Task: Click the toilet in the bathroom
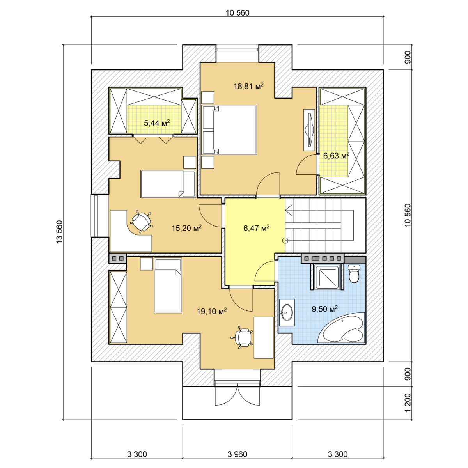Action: click(x=354, y=273)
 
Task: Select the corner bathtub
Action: click(x=342, y=328)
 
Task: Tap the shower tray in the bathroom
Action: click(x=327, y=277)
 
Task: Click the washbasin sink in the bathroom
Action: click(x=287, y=312)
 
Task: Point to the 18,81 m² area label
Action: click(x=248, y=86)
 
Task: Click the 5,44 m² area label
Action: click(x=157, y=123)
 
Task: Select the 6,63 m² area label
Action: click(x=336, y=156)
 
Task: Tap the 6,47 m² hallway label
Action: click(x=256, y=228)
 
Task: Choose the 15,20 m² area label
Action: click(x=186, y=228)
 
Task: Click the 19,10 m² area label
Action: click(x=212, y=311)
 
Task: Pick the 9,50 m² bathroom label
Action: click(x=325, y=309)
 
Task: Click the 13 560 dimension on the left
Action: click(x=60, y=232)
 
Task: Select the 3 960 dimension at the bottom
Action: click(x=237, y=454)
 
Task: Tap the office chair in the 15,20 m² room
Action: click(x=141, y=222)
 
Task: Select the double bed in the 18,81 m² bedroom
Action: click(x=229, y=130)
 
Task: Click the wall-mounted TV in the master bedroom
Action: click(x=310, y=130)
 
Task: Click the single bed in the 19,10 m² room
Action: click(x=168, y=285)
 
